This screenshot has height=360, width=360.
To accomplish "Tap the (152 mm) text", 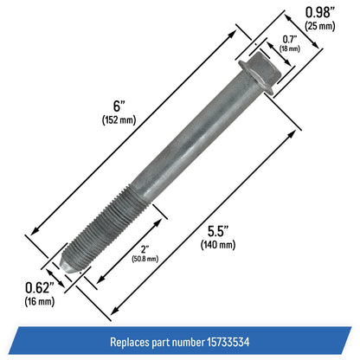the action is point(119,119).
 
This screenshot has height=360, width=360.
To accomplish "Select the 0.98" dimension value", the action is point(319,12).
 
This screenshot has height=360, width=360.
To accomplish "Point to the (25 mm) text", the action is point(320,26).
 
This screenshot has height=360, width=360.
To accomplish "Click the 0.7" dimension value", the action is point(289,39).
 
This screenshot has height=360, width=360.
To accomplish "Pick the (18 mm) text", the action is point(290,48).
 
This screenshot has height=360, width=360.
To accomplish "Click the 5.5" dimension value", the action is point(218,231).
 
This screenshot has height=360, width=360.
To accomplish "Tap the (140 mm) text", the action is point(218,245).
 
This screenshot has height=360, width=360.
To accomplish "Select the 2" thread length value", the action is point(145,249).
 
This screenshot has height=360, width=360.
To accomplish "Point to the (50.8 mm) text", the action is point(145,259).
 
